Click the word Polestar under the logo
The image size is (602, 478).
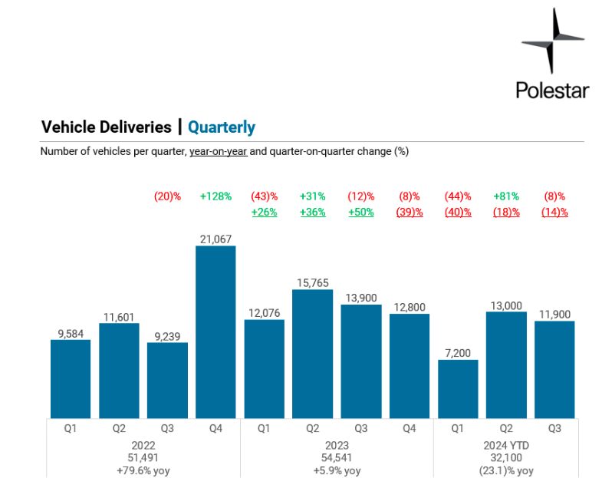[552, 91]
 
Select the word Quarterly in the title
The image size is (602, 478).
[222, 127]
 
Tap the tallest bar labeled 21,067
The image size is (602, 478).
[215, 331]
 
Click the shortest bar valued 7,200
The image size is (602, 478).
[458, 388]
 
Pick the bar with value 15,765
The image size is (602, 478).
[312, 353]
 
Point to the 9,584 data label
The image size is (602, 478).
[71, 333]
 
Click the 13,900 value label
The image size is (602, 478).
[360, 298]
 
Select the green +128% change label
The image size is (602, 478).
[215, 196]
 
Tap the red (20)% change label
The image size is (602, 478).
[167, 196]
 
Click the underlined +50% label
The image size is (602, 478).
[360, 213]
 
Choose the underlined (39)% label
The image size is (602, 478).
[410, 213]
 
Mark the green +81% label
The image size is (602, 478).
[506, 196]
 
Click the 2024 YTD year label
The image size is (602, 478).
[506, 445]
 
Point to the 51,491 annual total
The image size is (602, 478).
[143, 458]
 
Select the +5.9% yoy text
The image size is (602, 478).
[337, 470]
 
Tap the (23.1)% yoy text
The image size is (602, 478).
[506, 470]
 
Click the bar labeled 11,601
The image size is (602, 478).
[119, 370]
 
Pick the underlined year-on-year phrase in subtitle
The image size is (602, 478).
[219, 152]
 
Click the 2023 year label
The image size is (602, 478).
[337, 445]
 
